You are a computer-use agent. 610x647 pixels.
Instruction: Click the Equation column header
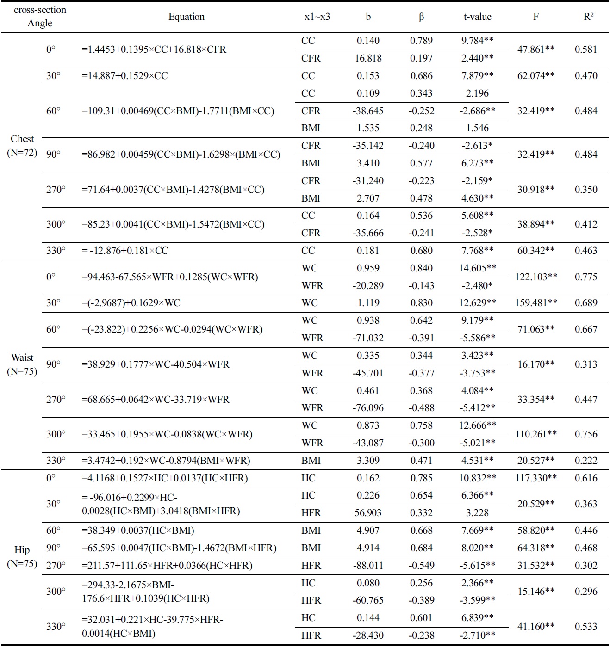tap(186, 17)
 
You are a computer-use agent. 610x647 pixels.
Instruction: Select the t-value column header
tap(477, 17)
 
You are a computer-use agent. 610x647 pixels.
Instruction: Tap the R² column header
tap(588, 17)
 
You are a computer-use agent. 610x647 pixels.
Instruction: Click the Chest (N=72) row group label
tap(22, 146)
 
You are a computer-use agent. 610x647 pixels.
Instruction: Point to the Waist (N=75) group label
tap(22, 364)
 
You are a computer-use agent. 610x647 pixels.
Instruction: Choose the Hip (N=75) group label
tap(22, 556)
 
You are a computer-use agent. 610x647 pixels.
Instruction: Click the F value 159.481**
tap(536, 303)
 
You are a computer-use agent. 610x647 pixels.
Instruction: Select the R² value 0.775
tap(586, 277)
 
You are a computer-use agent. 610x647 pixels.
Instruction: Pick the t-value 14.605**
tap(477, 268)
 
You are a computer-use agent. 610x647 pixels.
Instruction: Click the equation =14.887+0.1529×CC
tap(125, 76)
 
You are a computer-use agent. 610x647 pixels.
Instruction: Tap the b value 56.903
tap(368, 513)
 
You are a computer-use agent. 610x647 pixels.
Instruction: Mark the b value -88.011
tap(368, 566)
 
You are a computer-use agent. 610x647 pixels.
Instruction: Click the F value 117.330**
tap(536, 478)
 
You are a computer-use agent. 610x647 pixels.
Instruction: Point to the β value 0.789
tap(421, 41)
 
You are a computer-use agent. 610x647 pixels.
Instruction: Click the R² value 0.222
tap(586, 461)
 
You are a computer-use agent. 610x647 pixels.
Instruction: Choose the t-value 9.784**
tap(477, 41)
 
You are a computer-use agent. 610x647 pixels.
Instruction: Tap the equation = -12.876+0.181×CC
tap(125, 251)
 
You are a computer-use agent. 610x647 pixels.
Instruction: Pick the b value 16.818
tap(368, 58)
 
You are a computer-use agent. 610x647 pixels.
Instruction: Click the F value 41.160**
tap(536, 627)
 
